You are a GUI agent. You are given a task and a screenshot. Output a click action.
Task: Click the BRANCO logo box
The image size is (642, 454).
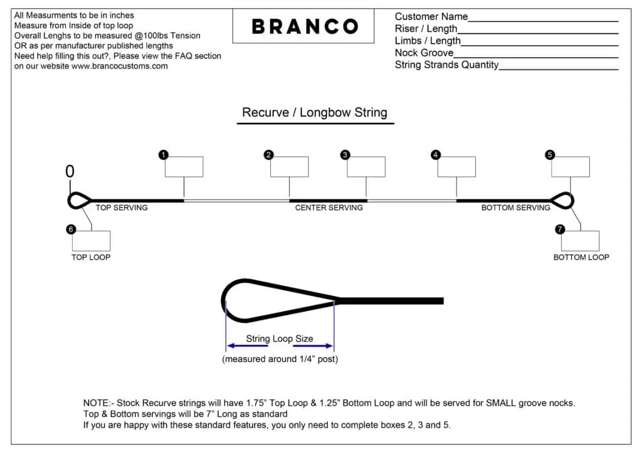pyautogui.click(x=303, y=26)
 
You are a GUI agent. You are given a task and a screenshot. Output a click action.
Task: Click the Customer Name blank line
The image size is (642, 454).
pyautogui.click(x=543, y=21)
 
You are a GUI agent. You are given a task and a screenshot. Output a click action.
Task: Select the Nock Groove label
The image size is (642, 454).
pyautogui.click(x=424, y=53)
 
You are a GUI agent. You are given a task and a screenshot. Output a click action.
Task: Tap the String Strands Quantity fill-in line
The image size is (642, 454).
pyautogui.click(x=559, y=69)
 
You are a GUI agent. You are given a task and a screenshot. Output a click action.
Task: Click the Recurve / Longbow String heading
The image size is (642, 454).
pyautogui.click(x=315, y=113)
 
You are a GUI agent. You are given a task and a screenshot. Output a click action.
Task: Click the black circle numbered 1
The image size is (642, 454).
pyautogui.click(x=164, y=155)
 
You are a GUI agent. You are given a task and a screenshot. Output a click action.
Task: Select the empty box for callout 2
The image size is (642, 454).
pyautogui.click(x=290, y=167)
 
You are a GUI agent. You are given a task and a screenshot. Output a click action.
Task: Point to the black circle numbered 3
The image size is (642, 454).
pyautogui.click(x=345, y=155)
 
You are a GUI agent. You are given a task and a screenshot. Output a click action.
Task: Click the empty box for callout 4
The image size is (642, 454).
pyautogui.click(x=456, y=167)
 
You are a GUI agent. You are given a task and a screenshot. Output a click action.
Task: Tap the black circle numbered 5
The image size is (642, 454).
pyautogui.click(x=550, y=155)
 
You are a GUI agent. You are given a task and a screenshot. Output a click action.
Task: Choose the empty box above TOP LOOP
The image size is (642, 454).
pyautogui.click(x=91, y=241)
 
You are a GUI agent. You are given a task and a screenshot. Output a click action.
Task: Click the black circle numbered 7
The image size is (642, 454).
pyautogui.click(x=560, y=230)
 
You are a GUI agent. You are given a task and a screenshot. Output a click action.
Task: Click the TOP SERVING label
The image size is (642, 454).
pyautogui.click(x=122, y=208)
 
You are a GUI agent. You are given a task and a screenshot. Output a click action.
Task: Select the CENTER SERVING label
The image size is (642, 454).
pyautogui.click(x=329, y=208)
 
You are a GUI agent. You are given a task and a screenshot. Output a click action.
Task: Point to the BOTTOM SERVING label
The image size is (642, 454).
pyautogui.click(x=515, y=208)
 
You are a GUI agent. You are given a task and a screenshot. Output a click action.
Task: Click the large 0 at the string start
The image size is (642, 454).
pyautogui.click(x=70, y=172)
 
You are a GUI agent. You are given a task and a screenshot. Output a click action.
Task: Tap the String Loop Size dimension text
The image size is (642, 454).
pyautogui.click(x=280, y=339)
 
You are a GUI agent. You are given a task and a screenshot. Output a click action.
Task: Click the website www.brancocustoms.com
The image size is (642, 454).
pyautogui.click(x=120, y=66)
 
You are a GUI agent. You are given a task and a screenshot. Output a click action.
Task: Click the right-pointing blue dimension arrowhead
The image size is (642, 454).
pyautogui.click(x=329, y=346)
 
